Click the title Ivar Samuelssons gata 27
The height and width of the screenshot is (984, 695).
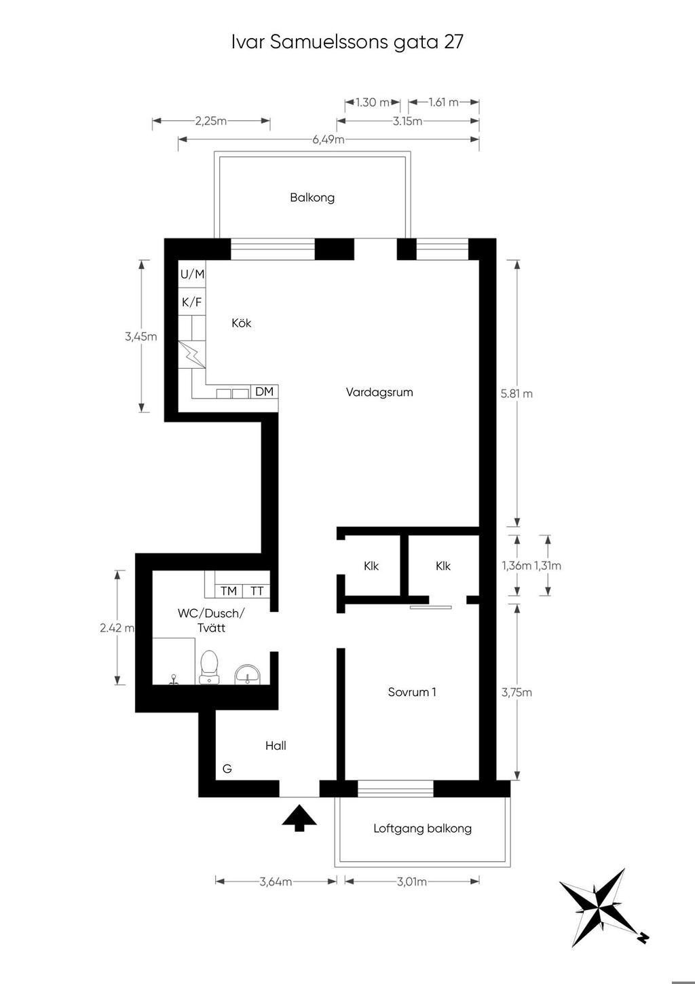point(347,42)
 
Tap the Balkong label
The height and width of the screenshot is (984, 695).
point(312,198)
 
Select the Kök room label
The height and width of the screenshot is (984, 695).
point(242,323)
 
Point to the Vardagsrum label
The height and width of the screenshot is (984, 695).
point(379,393)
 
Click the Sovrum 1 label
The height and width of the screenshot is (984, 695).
point(412,692)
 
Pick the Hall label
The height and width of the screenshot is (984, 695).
point(276,746)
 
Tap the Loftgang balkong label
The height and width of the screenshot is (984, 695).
point(422,828)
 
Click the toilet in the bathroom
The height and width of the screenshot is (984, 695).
point(208,667)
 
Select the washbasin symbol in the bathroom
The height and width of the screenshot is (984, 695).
point(248,674)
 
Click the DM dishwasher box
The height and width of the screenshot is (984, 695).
point(264,391)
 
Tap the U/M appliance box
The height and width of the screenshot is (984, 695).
point(192,274)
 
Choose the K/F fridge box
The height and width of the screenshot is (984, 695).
point(192,302)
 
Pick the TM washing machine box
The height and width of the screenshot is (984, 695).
point(229,591)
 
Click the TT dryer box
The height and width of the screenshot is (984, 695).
point(257,591)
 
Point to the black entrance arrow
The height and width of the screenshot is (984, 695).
point(299,818)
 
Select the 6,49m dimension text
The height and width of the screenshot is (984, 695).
point(328,140)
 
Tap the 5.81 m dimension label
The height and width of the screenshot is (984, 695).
point(516,394)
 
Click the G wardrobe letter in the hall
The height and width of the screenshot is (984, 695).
point(227,769)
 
